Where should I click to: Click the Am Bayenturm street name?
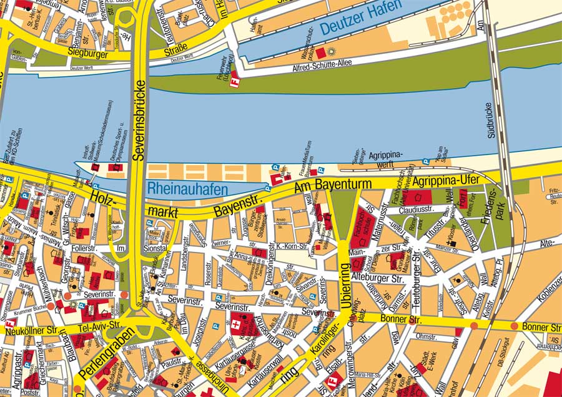click(x=333, y=186)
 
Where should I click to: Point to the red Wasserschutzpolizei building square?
click(x=320, y=53)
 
